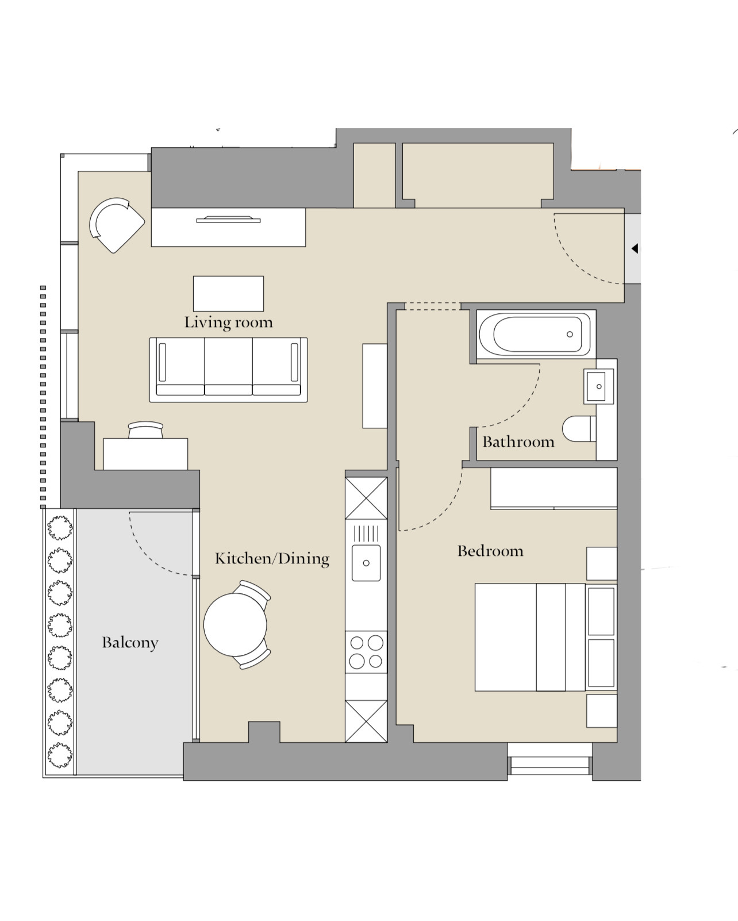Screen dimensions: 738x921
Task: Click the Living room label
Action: pos(228,323)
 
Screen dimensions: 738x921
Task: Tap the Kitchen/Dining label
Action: pos(272,558)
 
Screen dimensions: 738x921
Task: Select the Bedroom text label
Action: pos(490,551)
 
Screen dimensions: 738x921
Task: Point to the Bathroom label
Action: pos(518,442)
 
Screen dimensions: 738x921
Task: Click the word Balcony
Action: pos(130,642)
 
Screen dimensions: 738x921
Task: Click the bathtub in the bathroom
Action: pos(536,334)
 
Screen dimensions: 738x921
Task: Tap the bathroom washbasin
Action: pos(598,386)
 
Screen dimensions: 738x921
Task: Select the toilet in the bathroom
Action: pos(579,428)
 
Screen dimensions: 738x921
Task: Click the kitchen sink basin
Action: pos(366,563)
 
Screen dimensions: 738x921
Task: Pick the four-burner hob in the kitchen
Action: pos(366,652)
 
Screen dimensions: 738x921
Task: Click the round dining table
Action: pos(235,625)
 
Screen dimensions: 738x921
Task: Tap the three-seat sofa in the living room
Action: pos(228,370)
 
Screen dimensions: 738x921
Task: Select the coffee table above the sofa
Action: pos(228,294)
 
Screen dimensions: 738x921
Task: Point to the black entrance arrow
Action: pos(635,248)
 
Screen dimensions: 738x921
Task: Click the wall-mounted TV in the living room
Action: pos(228,220)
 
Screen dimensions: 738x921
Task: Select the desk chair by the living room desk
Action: pos(145,429)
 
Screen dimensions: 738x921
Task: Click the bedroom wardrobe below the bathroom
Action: pos(553,488)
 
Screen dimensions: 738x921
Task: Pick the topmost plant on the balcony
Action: pos(60,528)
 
